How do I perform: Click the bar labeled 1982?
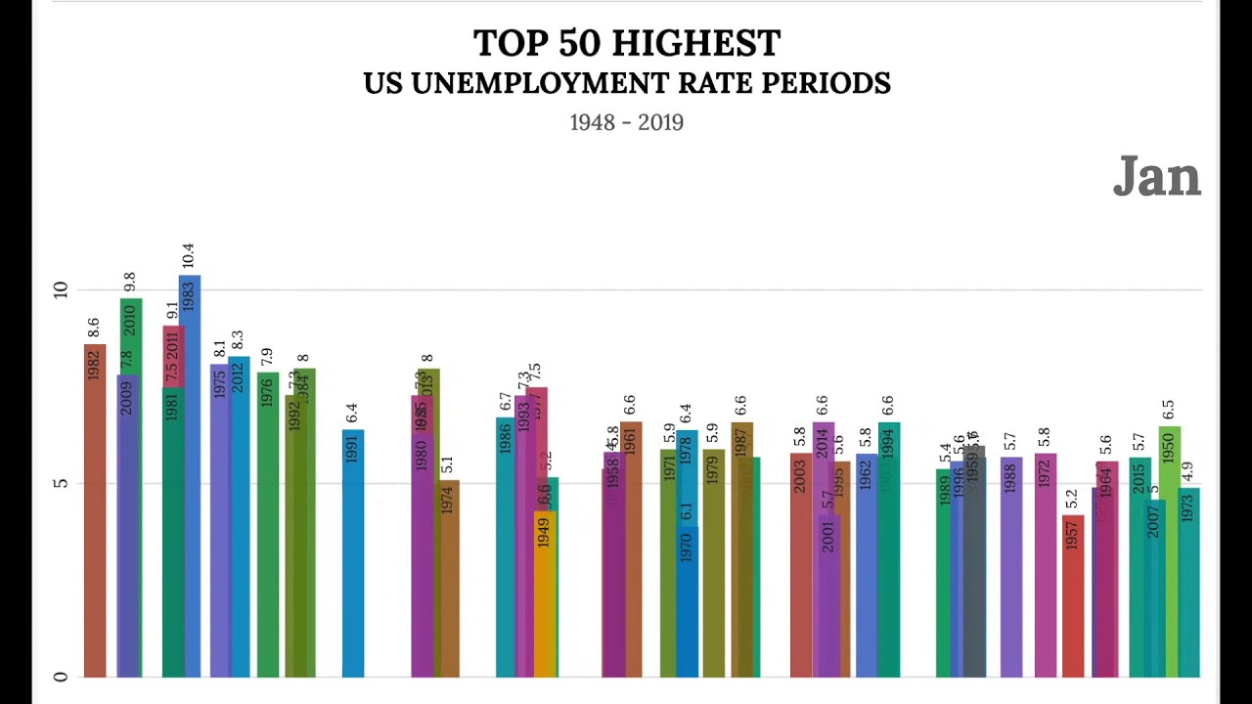click(x=94, y=508)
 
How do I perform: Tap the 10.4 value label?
click(x=188, y=256)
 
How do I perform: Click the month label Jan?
click(x=1156, y=178)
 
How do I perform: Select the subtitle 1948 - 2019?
click(x=626, y=123)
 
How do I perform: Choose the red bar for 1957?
click(x=1073, y=596)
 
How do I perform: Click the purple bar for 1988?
click(x=1010, y=567)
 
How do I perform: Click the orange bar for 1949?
click(x=544, y=596)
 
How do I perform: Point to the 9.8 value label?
click(x=128, y=282)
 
